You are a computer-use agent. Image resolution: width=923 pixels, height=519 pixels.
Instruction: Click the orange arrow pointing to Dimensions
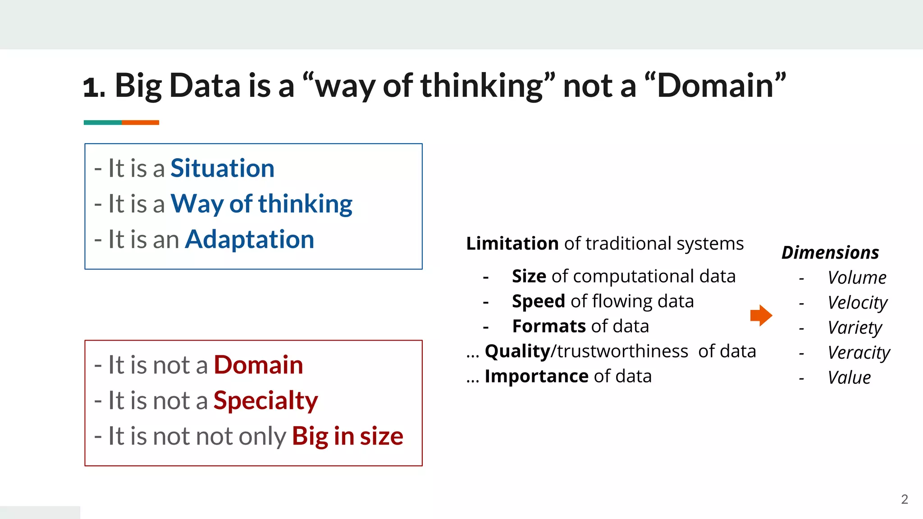(761, 315)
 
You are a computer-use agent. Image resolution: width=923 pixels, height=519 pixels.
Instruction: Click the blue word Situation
(222, 168)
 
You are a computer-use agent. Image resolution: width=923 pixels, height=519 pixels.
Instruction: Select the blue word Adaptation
(249, 239)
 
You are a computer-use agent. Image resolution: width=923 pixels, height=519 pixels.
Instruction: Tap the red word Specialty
(265, 401)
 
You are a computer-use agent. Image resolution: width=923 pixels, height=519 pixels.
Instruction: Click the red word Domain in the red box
(258, 365)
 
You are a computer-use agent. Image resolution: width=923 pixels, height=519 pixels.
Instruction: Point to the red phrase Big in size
(347, 436)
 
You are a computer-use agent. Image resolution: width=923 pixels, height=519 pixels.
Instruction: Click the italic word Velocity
(857, 302)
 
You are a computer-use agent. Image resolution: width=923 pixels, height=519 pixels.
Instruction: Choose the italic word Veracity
(859, 352)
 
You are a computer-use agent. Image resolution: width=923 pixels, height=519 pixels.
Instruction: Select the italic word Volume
(857, 278)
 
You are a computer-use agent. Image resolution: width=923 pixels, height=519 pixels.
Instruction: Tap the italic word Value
(849, 378)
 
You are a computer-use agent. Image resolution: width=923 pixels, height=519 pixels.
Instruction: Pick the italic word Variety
(854, 328)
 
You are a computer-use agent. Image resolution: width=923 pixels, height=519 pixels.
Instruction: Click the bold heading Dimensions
(830, 253)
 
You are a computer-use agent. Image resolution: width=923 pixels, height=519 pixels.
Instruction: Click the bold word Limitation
(512, 244)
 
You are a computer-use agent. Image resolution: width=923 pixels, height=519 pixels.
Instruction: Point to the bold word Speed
(538, 301)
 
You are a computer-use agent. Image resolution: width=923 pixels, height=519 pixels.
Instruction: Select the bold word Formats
(549, 326)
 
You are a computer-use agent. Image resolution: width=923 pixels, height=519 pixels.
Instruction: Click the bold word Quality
(517, 351)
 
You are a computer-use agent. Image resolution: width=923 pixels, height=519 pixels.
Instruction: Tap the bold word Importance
(536, 376)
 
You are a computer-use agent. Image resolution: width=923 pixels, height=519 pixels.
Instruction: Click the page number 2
(904, 499)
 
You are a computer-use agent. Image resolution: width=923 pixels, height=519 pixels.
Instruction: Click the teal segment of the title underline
(102, 123)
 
